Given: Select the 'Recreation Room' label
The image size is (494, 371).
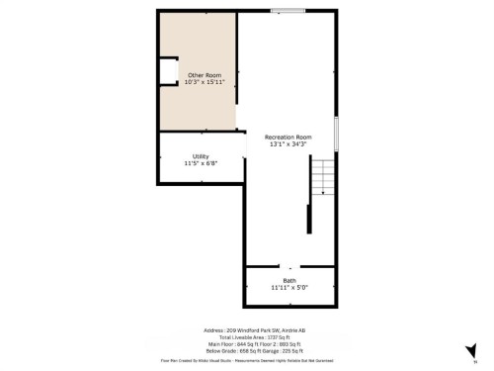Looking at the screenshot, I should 288,137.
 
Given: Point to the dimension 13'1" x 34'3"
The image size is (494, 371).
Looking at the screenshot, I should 288,144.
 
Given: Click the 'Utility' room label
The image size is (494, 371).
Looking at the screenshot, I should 201,156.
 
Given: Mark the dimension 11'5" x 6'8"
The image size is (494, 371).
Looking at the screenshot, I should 201,163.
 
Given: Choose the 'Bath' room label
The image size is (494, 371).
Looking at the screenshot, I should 289,281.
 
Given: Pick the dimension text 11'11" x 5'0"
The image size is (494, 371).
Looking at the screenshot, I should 289,288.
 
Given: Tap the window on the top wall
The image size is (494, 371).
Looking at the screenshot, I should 288,11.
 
